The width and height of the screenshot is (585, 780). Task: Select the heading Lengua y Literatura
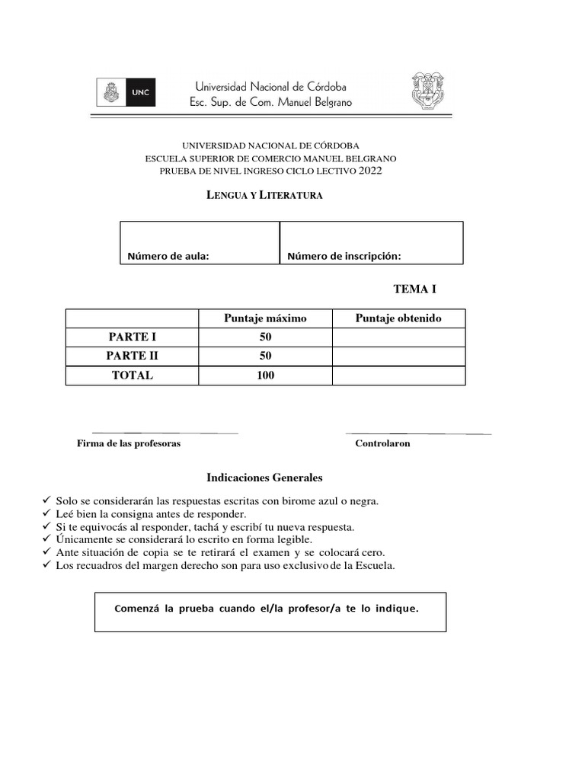coord(265,196)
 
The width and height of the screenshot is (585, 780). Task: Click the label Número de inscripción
coord(344,256)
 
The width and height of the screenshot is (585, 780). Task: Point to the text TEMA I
coord(414,289)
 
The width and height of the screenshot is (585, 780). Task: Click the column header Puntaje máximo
coord(265,318)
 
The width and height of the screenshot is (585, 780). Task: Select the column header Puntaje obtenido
coord(398,318)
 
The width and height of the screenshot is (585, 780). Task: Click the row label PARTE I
coord(132,337)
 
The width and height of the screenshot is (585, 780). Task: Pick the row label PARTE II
coord(132,356)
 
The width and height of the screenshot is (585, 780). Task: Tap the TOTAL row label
coord(132,376)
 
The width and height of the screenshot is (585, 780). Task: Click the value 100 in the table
coord(265,376)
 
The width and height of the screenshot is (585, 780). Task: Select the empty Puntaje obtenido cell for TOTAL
coord(398,376)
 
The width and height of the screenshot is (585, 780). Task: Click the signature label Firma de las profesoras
coord(129,443)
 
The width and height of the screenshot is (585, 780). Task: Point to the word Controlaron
coord(382,443)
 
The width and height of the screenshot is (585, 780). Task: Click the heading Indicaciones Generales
coord(264,478)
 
